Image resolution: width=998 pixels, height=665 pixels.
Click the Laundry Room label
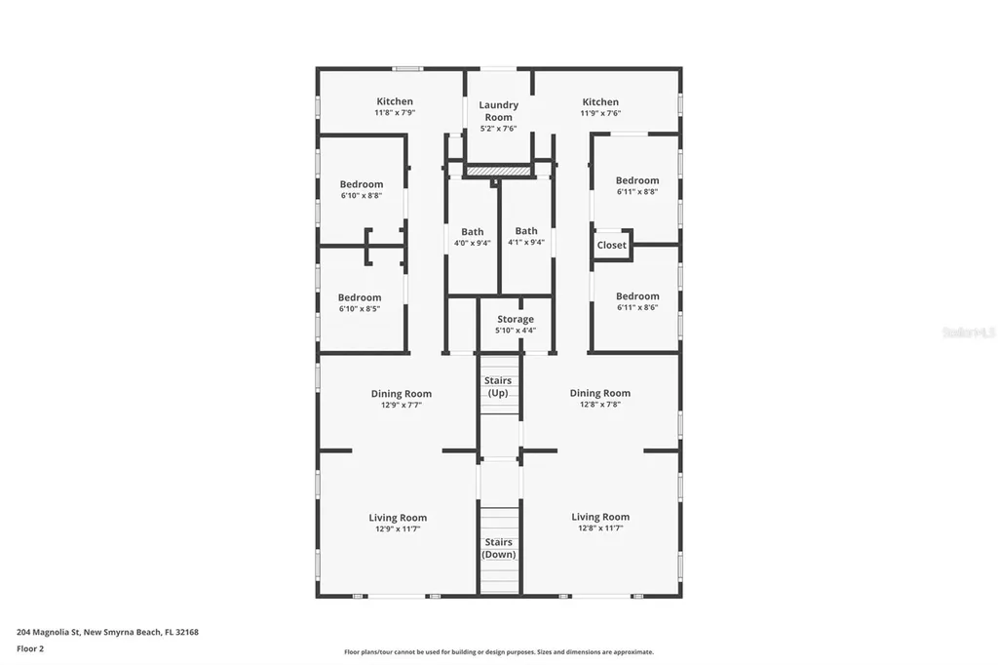coord(498,111)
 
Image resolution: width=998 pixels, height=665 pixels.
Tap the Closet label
coord(611,245)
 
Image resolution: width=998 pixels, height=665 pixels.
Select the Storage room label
coord(515,319)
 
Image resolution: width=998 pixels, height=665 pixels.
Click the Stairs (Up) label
coord(498,387)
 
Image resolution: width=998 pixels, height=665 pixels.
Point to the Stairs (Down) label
coord(498,548)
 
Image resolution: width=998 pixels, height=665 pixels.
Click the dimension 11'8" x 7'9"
coord(395,113)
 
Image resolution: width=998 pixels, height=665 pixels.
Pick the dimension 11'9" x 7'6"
coord(600,113)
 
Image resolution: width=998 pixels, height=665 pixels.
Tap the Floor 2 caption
coord(30,648)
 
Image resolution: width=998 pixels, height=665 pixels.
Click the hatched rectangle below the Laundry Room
coord(498,171)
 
